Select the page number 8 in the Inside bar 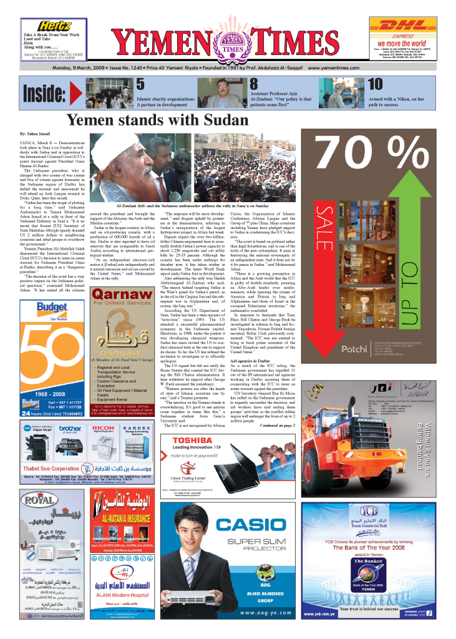(254, 84)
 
